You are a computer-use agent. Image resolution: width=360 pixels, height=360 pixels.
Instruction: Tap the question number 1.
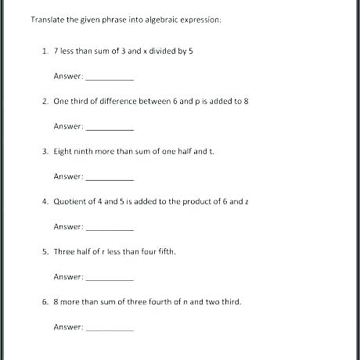45,51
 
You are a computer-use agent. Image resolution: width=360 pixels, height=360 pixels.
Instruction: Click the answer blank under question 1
109,78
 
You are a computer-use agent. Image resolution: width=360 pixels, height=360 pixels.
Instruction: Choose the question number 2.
45,101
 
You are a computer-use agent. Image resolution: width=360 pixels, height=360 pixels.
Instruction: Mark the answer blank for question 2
109,128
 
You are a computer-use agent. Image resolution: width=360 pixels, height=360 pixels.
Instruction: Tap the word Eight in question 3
63,151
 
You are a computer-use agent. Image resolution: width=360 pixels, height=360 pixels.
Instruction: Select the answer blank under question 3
109,178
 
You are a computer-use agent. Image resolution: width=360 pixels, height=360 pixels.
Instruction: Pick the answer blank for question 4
109,229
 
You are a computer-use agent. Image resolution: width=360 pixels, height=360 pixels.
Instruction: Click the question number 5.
45,251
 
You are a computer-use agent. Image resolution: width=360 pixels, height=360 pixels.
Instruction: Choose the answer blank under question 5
109,279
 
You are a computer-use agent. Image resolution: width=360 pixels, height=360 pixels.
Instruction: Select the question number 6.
45,301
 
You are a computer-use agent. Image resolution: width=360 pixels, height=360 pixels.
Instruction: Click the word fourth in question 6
160,301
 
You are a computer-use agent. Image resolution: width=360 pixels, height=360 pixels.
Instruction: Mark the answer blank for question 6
109,329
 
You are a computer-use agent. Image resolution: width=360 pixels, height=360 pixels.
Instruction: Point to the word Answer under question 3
68,176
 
